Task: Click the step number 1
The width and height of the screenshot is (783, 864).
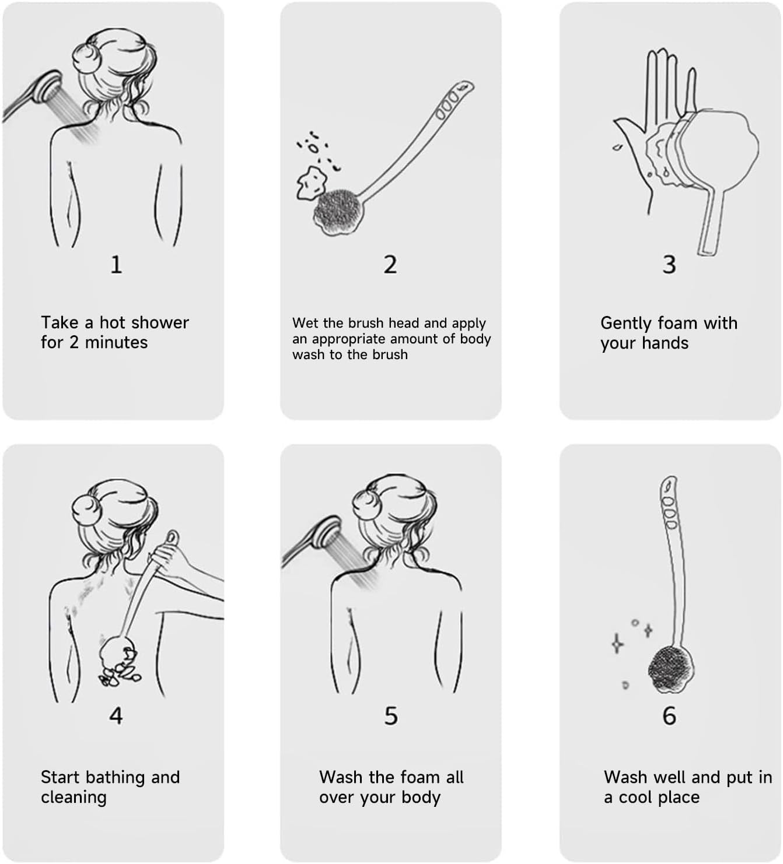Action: pyautogui.click(x=116, y=265)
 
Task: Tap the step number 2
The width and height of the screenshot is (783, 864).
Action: pyautogui.click(x=390, y=265)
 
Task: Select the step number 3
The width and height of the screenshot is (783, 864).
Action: pyautogui.click(x=669, y=265)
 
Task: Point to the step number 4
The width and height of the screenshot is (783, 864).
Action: pyautogui.click(x=116, y=716)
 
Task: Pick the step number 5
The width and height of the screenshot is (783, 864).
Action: pyautogui.click(x=391, y=716)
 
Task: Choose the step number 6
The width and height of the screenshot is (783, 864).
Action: pyautogui.click(x=669, y=716)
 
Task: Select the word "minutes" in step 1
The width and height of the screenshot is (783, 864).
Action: pyautogui.click(x=116, y=342)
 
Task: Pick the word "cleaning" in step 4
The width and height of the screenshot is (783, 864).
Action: pyautogui.click(x=74, y=798)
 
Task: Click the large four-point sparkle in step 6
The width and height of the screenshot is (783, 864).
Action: pyautogui.click(x=617, y=644)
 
